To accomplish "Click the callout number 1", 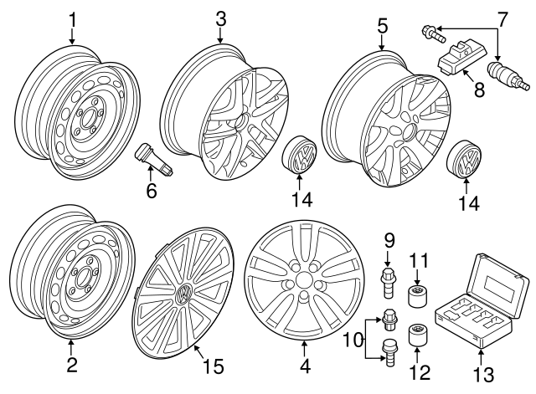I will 72,18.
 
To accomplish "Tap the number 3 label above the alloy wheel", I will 220,18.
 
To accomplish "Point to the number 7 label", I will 502,18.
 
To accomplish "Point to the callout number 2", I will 72,366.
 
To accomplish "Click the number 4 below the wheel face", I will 305,366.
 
